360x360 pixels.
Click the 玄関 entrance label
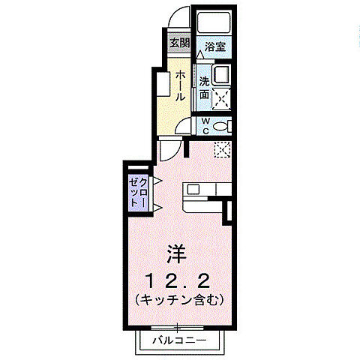tap(178, 42)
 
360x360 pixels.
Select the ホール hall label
tap(181, 86)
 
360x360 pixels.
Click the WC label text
tap(203, 126)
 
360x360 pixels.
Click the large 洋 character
tap(177, 253)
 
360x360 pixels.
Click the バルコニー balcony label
tap(180, 340)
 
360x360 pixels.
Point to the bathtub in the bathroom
tap(213, 22)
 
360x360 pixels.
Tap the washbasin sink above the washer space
tap(220, 76)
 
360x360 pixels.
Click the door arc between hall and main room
tap(170, 148)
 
